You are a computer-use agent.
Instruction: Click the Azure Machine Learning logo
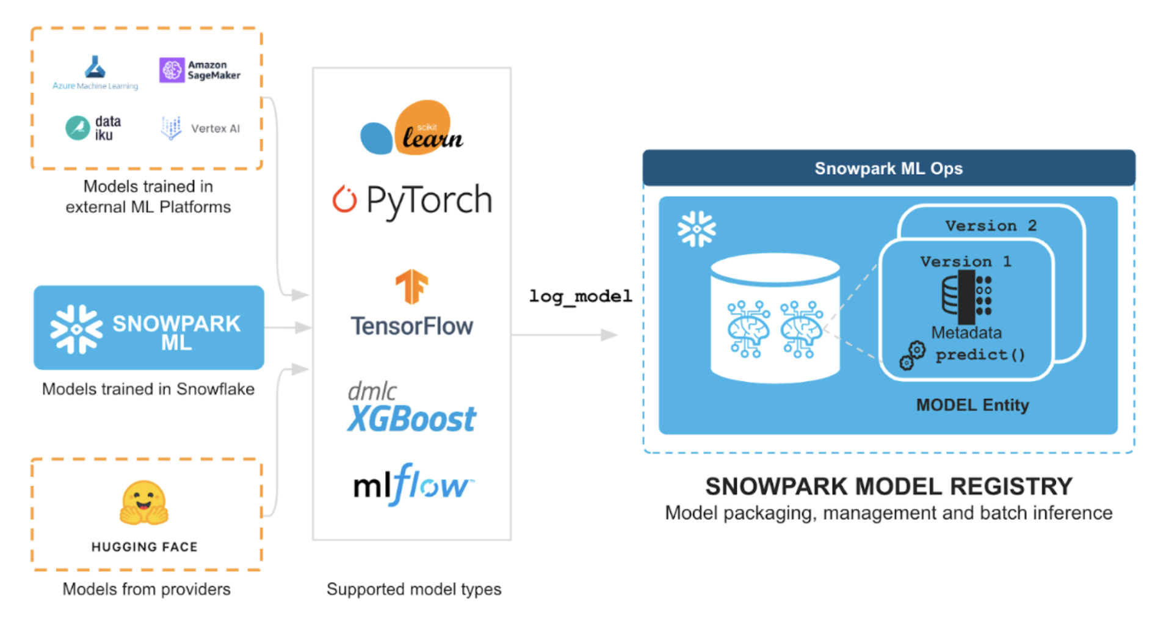pos(95,67)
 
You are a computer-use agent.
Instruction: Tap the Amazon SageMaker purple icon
pos(172,70)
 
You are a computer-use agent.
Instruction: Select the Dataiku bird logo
pos(78,128)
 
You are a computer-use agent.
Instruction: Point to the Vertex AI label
pos(215,129)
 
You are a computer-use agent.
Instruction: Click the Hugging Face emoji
pos(144,503)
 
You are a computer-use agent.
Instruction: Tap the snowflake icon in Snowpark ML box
pos(76,329)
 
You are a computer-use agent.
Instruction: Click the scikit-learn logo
pos(412,128)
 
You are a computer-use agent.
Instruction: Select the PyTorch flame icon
pos(344,199)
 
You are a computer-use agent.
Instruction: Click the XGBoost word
pos(411,420)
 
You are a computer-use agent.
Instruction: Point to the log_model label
pos(580,296)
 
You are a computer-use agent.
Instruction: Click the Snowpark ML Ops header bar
pos(888,168)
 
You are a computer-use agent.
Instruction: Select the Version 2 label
pos(990,225)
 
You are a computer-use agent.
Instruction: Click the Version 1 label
pos(965,261)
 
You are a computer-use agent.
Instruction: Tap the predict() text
pos(980,354)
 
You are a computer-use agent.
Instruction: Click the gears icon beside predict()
pos(913,355)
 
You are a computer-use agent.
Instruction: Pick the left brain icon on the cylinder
pos(748,329)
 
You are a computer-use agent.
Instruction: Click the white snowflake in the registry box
pos(696,229)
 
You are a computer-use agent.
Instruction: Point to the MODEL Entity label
pos(972,405)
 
